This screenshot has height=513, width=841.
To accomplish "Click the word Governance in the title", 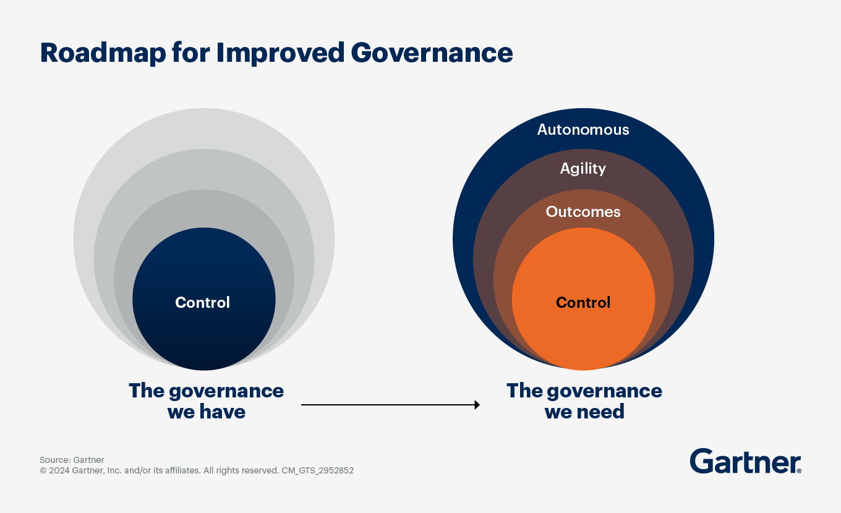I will tap(432, 53).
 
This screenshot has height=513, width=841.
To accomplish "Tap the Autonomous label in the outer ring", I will tap(583, 130).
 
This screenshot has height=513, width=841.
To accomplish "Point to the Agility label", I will tap(583, 169).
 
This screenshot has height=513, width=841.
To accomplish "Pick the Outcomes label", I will tap(583, 212).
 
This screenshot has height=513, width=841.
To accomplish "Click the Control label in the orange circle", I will tap(583, 302).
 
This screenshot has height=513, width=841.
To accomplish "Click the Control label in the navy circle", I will tap(203, 302).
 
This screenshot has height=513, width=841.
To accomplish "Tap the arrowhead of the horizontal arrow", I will tap(477, 405).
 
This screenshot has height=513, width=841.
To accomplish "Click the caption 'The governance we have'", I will tap(206, 401).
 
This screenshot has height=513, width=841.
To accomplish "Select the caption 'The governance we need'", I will tap(584, 401).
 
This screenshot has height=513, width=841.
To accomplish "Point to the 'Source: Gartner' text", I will tap(72, 460).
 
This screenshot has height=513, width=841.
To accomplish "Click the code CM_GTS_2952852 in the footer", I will tap(317, 470).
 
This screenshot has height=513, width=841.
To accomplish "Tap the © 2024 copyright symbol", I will tap(43, 470).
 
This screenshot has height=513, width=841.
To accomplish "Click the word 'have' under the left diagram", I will tap(223, 412).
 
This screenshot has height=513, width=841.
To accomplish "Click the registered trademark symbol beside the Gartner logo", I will tap(799, 471).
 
